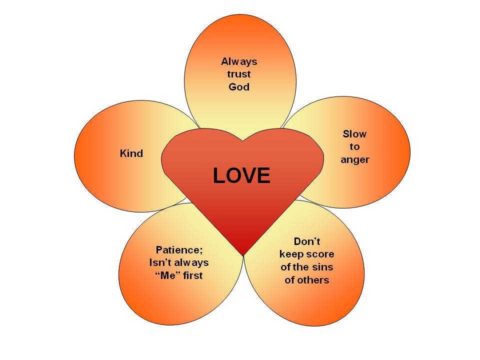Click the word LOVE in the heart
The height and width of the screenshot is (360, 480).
coord(241,175)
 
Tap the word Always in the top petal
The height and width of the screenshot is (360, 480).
coord(239,61)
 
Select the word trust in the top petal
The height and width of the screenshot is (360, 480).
coord(239,74)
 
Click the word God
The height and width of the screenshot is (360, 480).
coord(239,87)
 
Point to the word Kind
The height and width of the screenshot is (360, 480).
coord(131,153)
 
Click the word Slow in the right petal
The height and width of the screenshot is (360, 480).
coord(354,134)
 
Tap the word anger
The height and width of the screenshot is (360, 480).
coord(354,160)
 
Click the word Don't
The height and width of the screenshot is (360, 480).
coord(306,241)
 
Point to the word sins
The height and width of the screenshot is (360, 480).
coord(323,267)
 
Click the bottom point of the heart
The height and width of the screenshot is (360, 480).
coord(243,255)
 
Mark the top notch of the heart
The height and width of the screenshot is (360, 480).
coord(243,140)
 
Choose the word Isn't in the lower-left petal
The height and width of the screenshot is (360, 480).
coord(160,262)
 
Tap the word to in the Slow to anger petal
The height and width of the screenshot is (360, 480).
coord(354,147)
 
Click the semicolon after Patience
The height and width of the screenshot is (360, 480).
coord(201,250)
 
